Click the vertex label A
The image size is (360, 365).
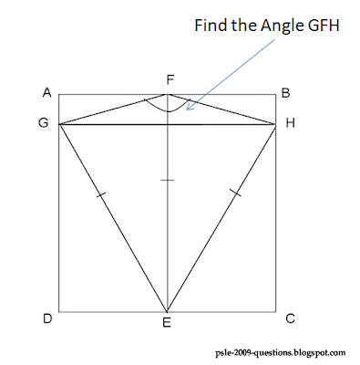[46, 92]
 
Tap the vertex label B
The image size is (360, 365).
[285, 92]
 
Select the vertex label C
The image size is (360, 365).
[289, 318]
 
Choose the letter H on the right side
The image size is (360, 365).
[290, 124]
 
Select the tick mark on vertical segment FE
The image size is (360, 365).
[167, 181]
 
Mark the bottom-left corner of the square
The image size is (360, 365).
[58, 310]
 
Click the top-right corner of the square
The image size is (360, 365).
[275, 95]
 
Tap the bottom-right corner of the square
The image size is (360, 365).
[275, 310]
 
